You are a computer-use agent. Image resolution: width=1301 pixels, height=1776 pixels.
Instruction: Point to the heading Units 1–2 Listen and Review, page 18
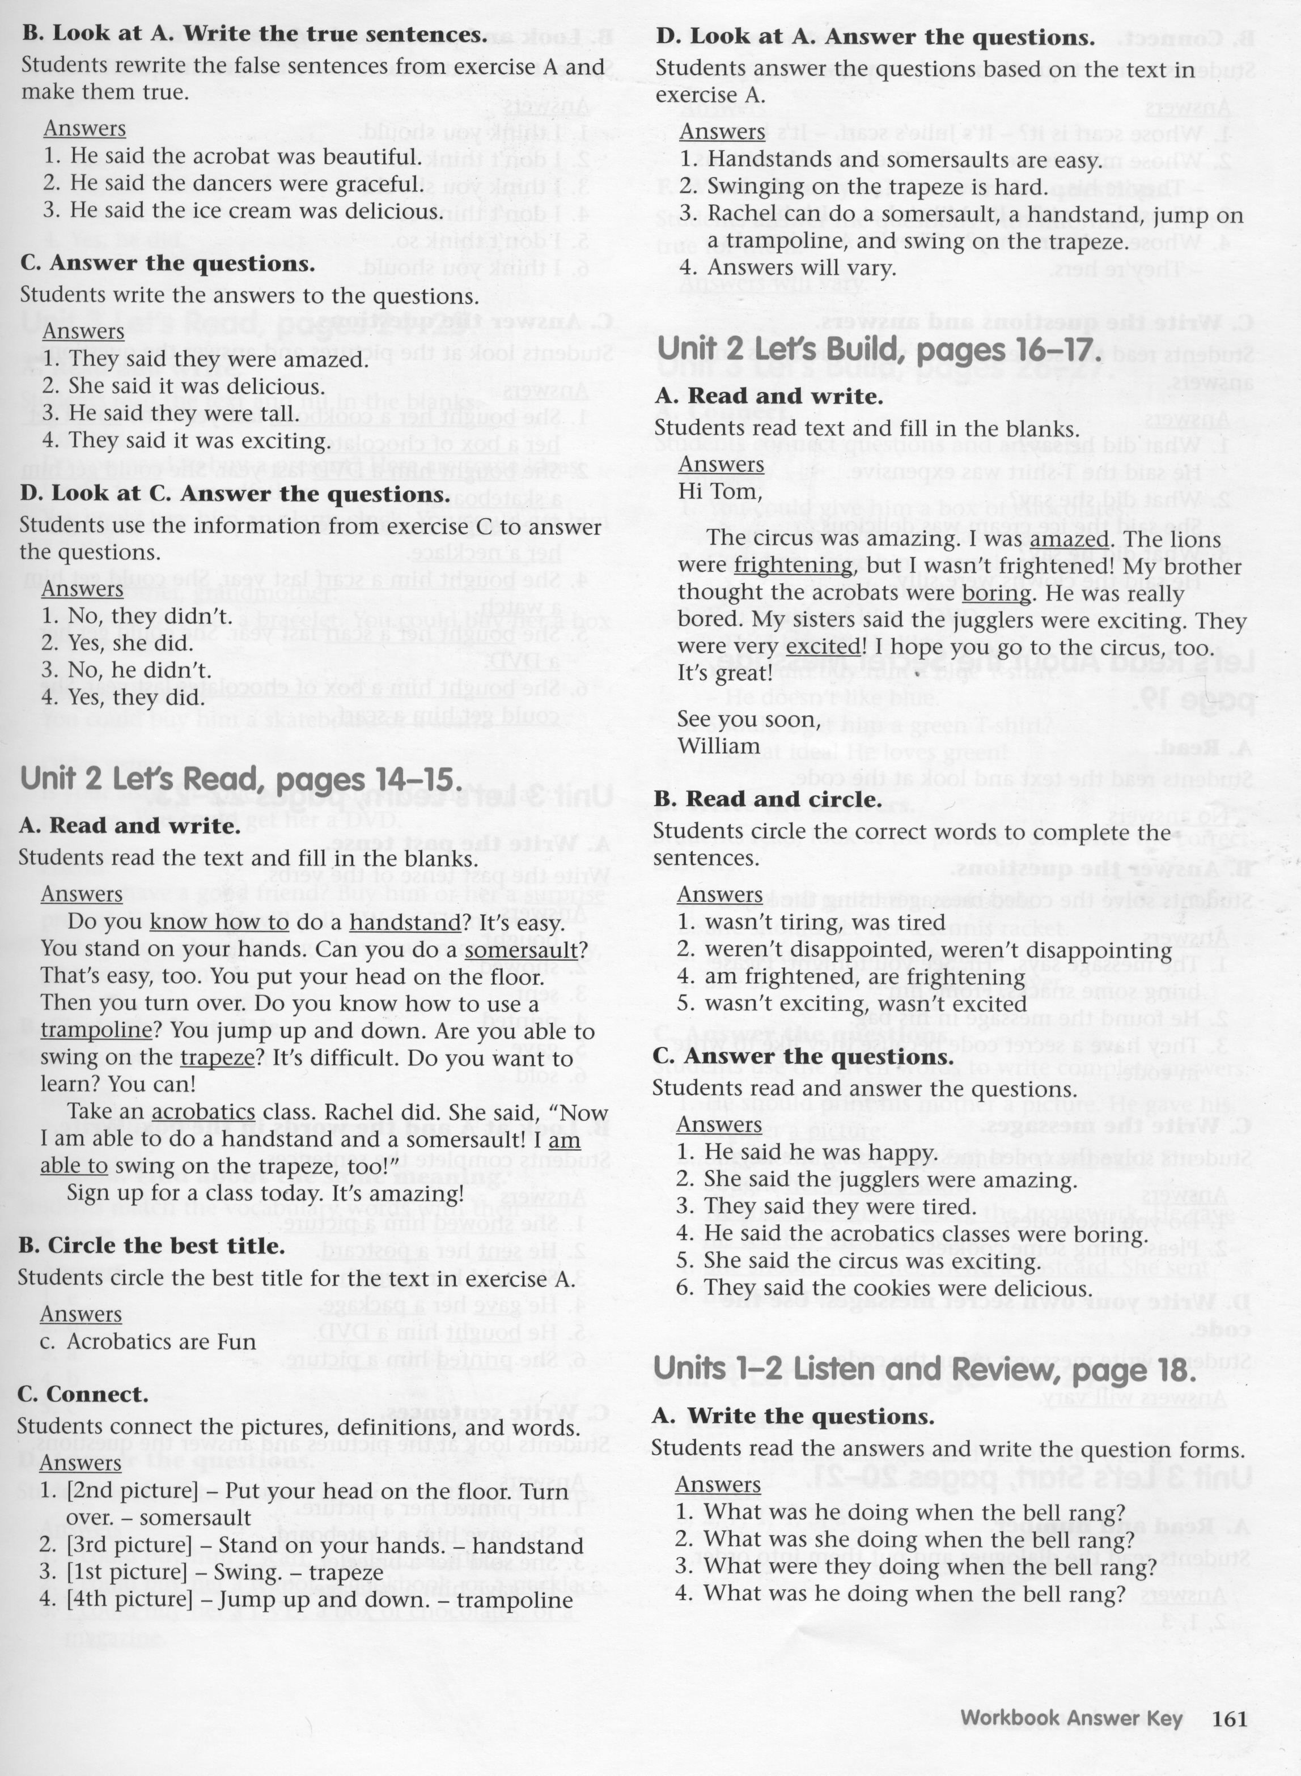pyautogui.click(x=924, y=1371)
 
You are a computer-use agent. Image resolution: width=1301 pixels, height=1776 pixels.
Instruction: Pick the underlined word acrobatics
pyautogui.click(x=203, y=1112)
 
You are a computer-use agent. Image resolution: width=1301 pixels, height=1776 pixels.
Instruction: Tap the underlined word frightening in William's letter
pyautogui.click(x=794, y=566)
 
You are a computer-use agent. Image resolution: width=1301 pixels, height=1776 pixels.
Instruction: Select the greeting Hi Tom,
pyautogui.click(x=721, y=492)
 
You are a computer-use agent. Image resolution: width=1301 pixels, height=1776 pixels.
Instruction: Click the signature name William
pyautogui.click(x=718, y=746)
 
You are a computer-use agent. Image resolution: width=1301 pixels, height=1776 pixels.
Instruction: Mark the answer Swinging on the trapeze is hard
pyautogui.click(x=866, y=188)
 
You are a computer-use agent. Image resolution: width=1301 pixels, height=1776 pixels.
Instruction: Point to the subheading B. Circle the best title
pyautogui.click(x=151, y=1246)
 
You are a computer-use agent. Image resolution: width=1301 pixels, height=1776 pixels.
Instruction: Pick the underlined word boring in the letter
pyautogui.click(x=996, y=593)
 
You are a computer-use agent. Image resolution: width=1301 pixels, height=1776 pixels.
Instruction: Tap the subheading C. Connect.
pyautogui.click(x=83, y=1394)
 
